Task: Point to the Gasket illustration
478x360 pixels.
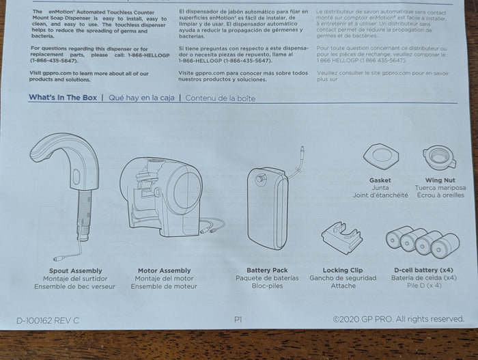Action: click(x=381, y=156)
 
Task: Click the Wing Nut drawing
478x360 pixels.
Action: click(x=439, y=157)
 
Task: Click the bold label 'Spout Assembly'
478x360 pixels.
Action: click(x=76, y=271)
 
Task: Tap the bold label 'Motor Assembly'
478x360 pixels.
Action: click(x=164, y=271)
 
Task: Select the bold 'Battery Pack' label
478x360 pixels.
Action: click(x=267, y=270)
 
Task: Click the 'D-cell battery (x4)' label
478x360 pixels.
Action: click(x=423, y=270)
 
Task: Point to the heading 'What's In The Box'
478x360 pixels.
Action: click(x=63, y=98)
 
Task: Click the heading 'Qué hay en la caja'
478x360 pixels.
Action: click(x=141, y=98)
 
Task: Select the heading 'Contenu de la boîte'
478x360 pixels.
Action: click(x=220, y=98)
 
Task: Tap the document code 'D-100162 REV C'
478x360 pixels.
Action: click(x=48, y=320)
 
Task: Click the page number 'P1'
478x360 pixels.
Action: click(x=238, y=320)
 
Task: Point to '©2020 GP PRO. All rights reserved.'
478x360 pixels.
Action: click(x=398, y=319)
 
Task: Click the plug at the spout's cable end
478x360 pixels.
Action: click(x=58, y=259)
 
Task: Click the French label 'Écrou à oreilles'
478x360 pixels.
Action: click(x=440, y=195)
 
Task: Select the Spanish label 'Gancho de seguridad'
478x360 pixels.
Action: click(x=343, y=278)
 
